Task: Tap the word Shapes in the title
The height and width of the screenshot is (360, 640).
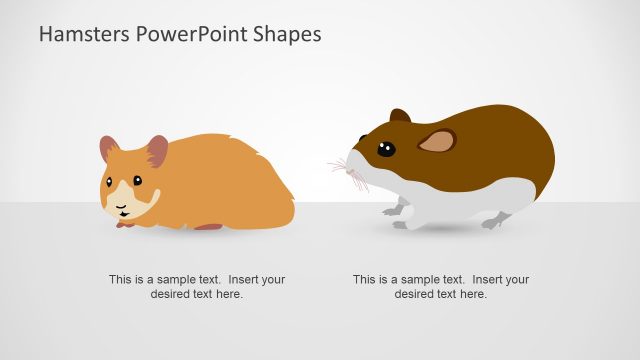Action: tap(287, 34)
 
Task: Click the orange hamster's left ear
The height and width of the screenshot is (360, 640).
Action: tap(109, 149)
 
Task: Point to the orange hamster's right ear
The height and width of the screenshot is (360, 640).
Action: tap(157, 150)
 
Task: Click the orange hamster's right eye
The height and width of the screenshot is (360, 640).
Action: tap(137, 181)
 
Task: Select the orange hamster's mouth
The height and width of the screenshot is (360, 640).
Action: tap(121, 210)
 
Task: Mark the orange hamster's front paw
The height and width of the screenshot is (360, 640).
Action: tap(124, 222)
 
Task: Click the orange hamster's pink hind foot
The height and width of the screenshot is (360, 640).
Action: tap(208, 227)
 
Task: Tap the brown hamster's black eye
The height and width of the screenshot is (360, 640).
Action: tap(385, 150)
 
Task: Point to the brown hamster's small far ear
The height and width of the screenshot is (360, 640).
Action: tap(399, 116)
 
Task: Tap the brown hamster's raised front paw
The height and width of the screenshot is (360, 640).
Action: tap(393, 209)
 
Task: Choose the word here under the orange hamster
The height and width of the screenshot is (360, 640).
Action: tap(230, 294)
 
